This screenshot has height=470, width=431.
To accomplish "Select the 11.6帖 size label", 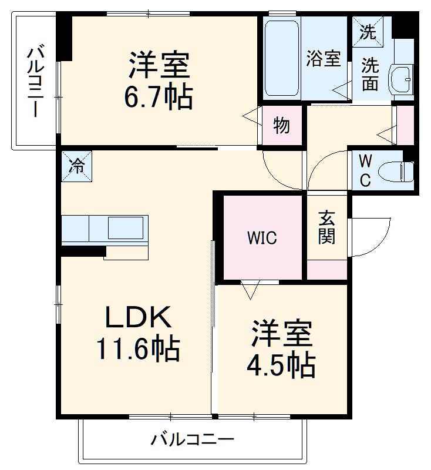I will click(x=138, y=351).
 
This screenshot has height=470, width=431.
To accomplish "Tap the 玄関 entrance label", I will click(x=327, y=228).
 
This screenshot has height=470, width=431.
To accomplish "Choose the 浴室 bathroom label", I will click(x=324, y=59).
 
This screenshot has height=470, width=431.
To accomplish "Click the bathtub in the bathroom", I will click(x=282, y=59).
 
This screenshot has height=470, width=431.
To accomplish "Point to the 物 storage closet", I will click(x=281, y=126).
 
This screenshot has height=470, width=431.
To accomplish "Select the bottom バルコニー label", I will click(x=193, y=439).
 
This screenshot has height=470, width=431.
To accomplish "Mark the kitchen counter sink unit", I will click(x=105, y=229).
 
